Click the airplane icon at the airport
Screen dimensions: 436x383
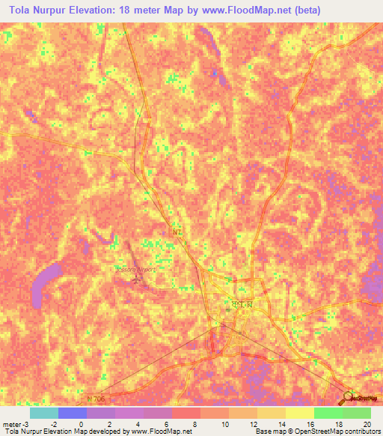tap(135, 279)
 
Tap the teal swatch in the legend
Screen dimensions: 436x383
tap(43, 413)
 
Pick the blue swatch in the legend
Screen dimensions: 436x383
tap(72, 413)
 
